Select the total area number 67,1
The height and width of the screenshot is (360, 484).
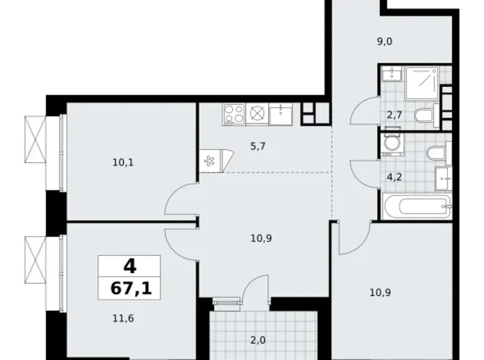(130, 287)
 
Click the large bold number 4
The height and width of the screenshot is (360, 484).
(130, 266)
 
